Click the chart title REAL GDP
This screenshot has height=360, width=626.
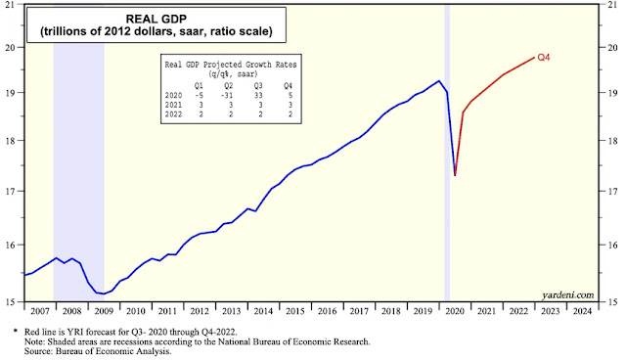(x=156, y=19)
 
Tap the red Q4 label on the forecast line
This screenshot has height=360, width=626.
(x=544, y=58)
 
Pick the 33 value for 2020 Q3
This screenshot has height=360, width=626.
(x=258, y=96)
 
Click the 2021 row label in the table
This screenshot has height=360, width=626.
(x=173, y=105)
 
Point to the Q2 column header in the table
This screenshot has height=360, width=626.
(x=228, y=86)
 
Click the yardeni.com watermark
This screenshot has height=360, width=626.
(x=567, y=295)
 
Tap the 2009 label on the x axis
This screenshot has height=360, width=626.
(x=104, y=311)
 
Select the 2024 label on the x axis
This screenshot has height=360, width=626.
(x=583, y=311)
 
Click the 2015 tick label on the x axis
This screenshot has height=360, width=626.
(x=295, y=311)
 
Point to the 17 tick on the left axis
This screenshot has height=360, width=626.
(x=9, y=192)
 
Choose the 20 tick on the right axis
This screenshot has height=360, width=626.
(x=612, y=48)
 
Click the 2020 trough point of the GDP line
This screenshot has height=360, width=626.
(x=455, y=175)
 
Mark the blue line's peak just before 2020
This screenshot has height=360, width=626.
(x=439, y=80)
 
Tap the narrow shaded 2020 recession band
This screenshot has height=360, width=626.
(x=447, y=154)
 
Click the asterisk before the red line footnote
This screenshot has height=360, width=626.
(x=16, y=332)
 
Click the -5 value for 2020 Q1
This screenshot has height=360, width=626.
(x=199, y=96)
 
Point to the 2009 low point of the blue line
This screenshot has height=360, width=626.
(x=104, y=293)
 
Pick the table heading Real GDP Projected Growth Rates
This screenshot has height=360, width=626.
(x=231, y=65)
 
